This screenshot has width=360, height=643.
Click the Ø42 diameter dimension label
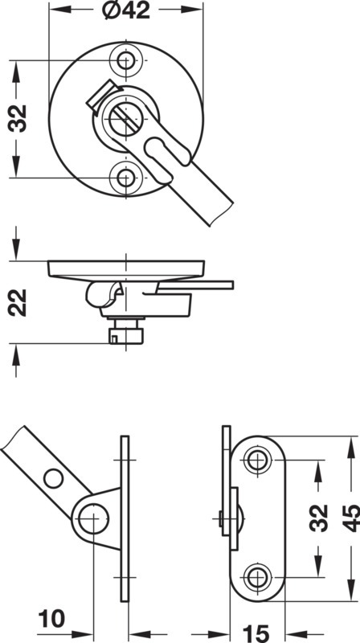[x=126, y=10]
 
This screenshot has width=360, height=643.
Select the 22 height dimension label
[x=18, y=303]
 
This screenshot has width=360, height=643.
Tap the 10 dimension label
[x=51, y=618]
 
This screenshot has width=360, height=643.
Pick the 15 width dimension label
[x=256, y=633]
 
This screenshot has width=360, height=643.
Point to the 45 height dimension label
[x=350, y=518]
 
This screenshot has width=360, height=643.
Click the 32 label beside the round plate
[x=18, y=118]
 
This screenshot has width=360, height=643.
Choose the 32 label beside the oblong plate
[x=319, y=518]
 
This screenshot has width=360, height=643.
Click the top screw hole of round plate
[x=126, y=61]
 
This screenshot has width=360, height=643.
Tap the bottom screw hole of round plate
[x=126, y=178]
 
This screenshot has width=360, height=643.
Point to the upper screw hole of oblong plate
[x=257, y=460]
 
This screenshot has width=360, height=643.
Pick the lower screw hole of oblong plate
[x=257, y=577]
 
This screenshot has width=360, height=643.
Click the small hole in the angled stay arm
[x=54, y=478]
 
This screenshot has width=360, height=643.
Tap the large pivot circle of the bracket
[x=94, y=518]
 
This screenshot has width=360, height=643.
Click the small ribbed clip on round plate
[x=102, y=95]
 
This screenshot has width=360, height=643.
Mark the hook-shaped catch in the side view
[x=104, y=294]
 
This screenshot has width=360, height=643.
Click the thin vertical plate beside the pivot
[x=125, y=518]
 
